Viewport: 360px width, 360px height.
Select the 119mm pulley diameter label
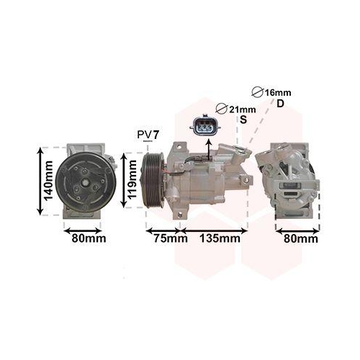[132, 180]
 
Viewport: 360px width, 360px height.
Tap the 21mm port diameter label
[238, 109]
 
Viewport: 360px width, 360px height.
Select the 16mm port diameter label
[277, 93]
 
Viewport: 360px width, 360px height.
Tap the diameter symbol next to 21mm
[221, 109]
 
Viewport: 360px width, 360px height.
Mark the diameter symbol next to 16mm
[258, 93]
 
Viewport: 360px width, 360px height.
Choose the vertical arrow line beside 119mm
[123, 180]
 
